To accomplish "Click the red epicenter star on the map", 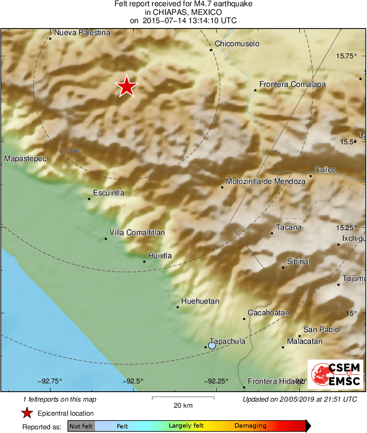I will coord(127,87).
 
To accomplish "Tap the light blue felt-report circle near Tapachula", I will coord(212,345).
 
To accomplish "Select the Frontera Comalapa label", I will coord(292,84).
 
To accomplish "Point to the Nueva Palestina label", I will coord(83,33).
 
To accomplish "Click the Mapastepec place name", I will coord(25,159).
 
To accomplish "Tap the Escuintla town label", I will coord(109,193).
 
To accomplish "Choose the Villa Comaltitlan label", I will coord(137,233).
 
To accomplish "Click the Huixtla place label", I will coord(160,256).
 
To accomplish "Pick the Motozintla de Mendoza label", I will coord(266,181).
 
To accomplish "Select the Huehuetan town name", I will coord(200,301).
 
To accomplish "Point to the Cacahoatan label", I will coord(268,313).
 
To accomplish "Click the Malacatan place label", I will coord(305,341).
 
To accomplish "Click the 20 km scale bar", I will coord(183,398).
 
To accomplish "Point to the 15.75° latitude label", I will coord(346,56).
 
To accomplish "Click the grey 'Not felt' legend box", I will coord(81,426).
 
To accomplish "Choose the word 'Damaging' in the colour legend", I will coord(250,426).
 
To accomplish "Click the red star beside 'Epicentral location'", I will coord(27,413).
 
